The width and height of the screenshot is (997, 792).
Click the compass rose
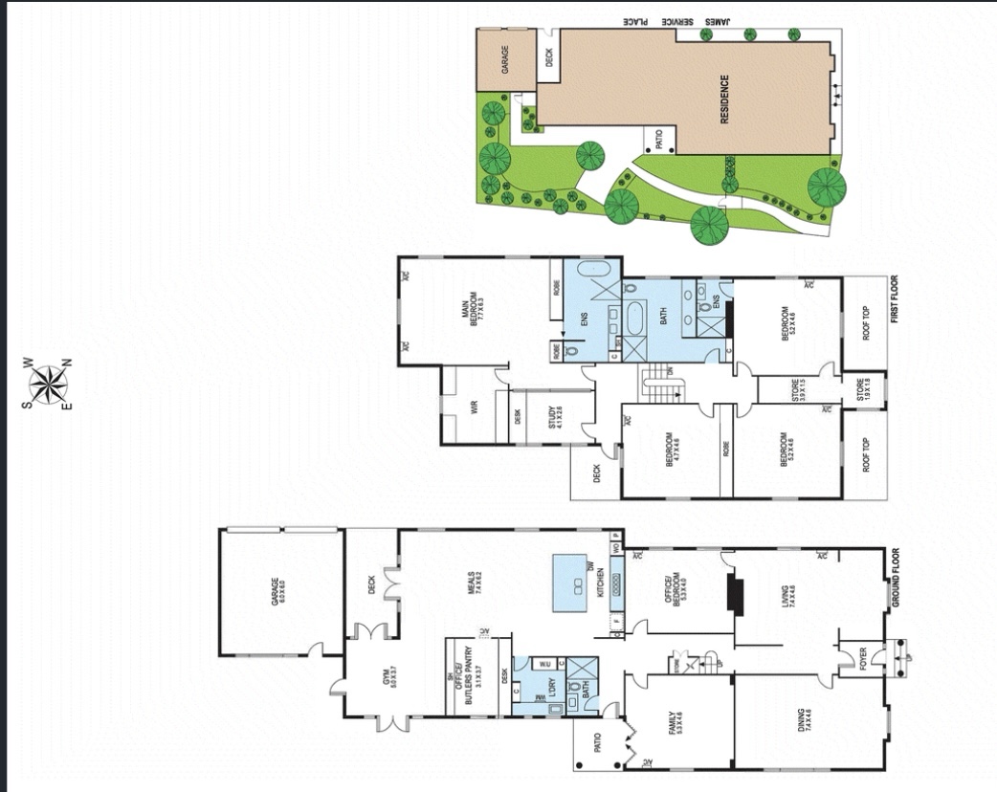pos(46,384)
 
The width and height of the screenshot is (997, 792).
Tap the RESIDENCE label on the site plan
pos(724,99)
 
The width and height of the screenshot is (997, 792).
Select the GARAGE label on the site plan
pos(504,58)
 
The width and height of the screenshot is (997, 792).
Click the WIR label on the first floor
pos(473,407)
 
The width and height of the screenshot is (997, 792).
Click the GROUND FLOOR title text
pos(897,577)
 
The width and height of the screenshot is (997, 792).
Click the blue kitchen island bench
pos(576,585)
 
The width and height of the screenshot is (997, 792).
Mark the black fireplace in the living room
pos(735,593)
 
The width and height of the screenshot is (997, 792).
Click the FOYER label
pos(861,658)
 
